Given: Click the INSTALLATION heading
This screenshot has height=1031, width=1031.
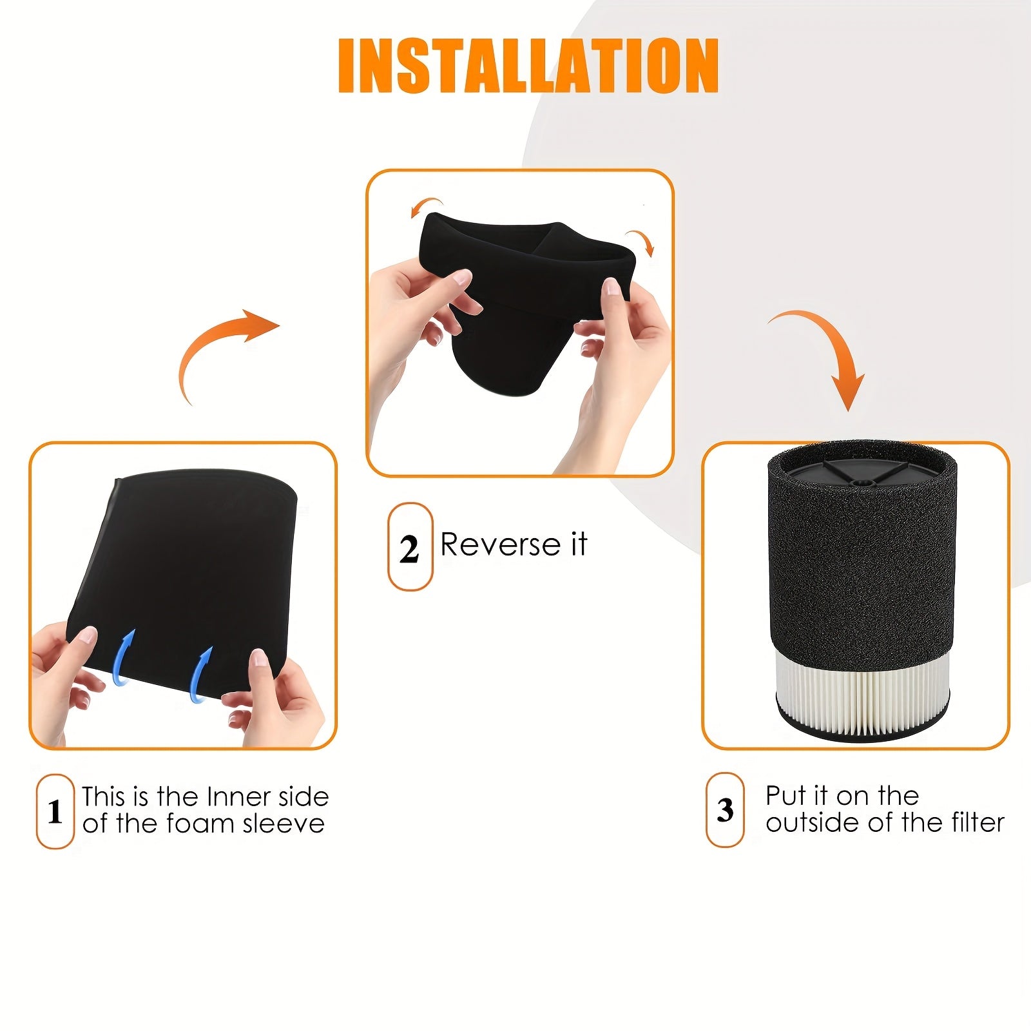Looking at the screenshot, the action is tap(528, 66).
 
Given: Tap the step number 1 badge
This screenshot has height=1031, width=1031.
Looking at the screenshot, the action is tap(55, 811).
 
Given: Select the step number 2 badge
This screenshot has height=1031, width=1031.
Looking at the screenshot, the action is tap(410, 547).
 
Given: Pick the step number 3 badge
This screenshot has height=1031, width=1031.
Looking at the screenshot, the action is tap(726, 810).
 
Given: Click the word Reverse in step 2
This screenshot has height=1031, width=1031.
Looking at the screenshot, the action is tap(501, 544).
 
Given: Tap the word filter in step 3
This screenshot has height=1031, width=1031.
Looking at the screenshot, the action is tap(977, 822).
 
